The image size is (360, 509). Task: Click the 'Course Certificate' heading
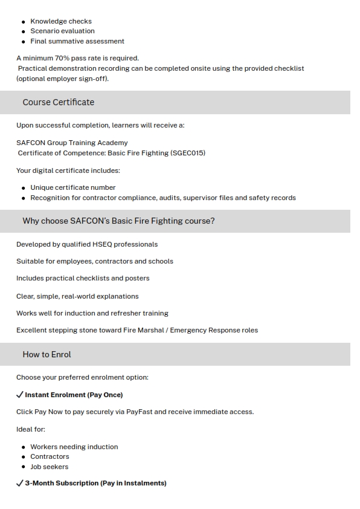click(x=59, y=102)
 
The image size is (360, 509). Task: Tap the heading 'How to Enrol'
click(x=47, y=354)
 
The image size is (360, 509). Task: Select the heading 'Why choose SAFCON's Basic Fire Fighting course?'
click(x=118, y=221)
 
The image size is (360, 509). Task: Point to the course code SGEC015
click(x=188, y=153)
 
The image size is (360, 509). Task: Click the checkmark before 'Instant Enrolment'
click(x=20, y=395)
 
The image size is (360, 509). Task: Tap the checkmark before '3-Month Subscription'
click(x=20, y=483)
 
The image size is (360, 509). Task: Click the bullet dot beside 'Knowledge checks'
click(x=24, y=21)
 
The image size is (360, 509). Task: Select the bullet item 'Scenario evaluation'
click(x=62, y=31)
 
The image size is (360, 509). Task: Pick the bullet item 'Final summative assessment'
click(x=77, y=41)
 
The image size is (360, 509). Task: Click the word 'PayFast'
click(x=139, y=412)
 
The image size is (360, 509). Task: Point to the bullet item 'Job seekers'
click(x=49, y=467)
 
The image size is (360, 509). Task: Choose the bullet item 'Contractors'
click(x=50, y=456)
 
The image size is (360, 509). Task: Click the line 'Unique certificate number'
click(x=72, y=187)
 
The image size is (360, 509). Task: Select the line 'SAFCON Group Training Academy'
click(x=72, y=143)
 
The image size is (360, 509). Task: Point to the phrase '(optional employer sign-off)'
click(x=62, y=79)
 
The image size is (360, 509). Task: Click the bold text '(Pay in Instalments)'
click(x=133, y=483)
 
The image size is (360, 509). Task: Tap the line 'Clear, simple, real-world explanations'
click(x=77, y=296)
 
